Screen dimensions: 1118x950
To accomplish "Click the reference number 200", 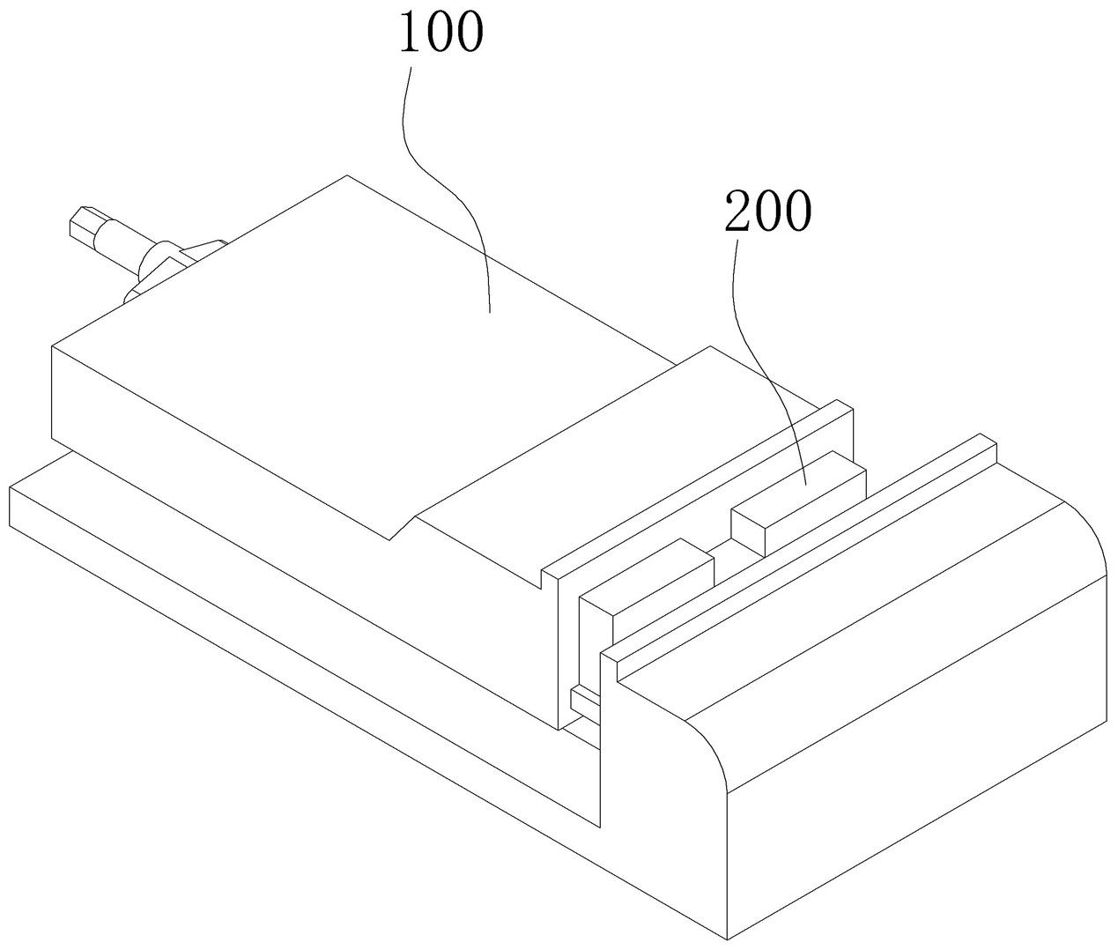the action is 766,212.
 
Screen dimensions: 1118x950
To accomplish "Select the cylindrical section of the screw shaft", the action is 119,242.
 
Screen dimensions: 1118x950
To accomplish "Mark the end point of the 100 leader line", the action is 489,310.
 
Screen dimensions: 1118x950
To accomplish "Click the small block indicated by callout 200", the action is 797,502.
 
